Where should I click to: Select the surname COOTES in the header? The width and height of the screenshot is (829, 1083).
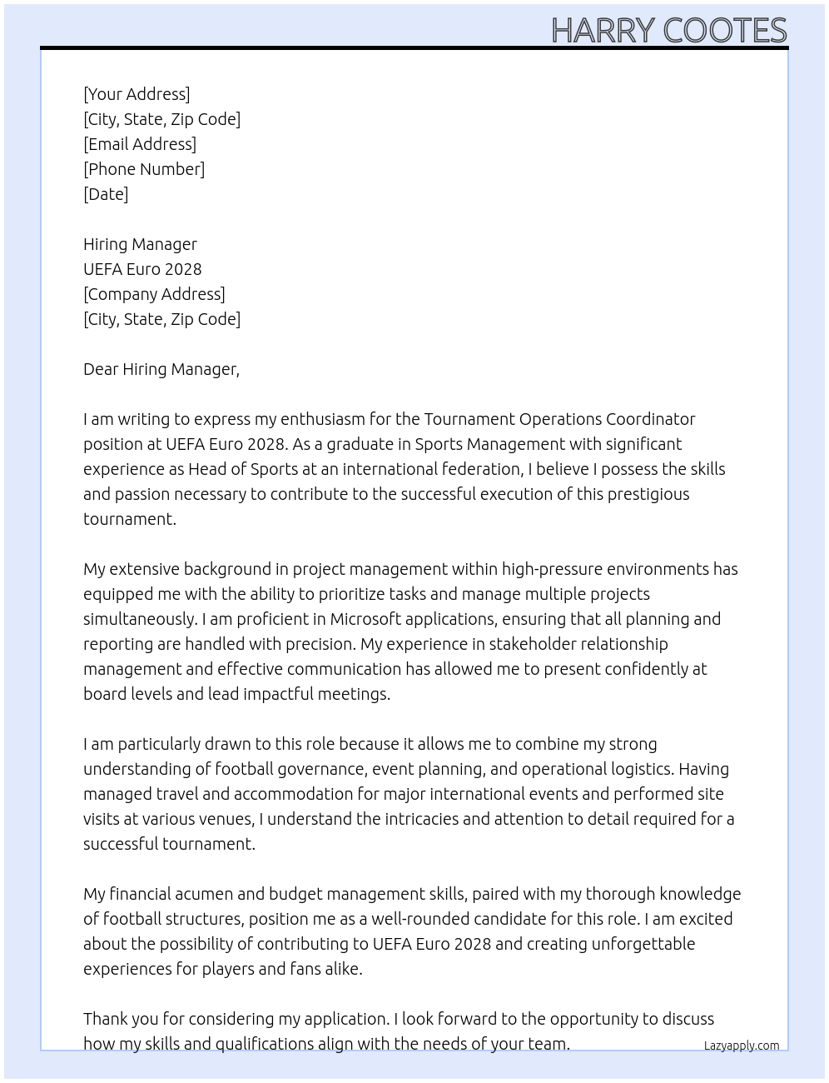[724, 31]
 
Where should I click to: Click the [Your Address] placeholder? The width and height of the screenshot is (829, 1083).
[137, 94]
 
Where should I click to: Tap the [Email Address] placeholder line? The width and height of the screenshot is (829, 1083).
[140, 144]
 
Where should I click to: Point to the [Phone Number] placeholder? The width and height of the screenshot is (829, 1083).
[144, 169]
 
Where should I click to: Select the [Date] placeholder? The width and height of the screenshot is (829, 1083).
[106, 194]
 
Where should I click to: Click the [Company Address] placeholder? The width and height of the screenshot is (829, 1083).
[154, 294]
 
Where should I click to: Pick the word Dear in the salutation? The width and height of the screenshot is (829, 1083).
[101, 369]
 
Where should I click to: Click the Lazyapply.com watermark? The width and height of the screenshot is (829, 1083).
[741, 1046]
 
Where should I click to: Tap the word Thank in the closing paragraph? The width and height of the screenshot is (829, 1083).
[106, 1019]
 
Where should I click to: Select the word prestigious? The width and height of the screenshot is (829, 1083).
[648, 494]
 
